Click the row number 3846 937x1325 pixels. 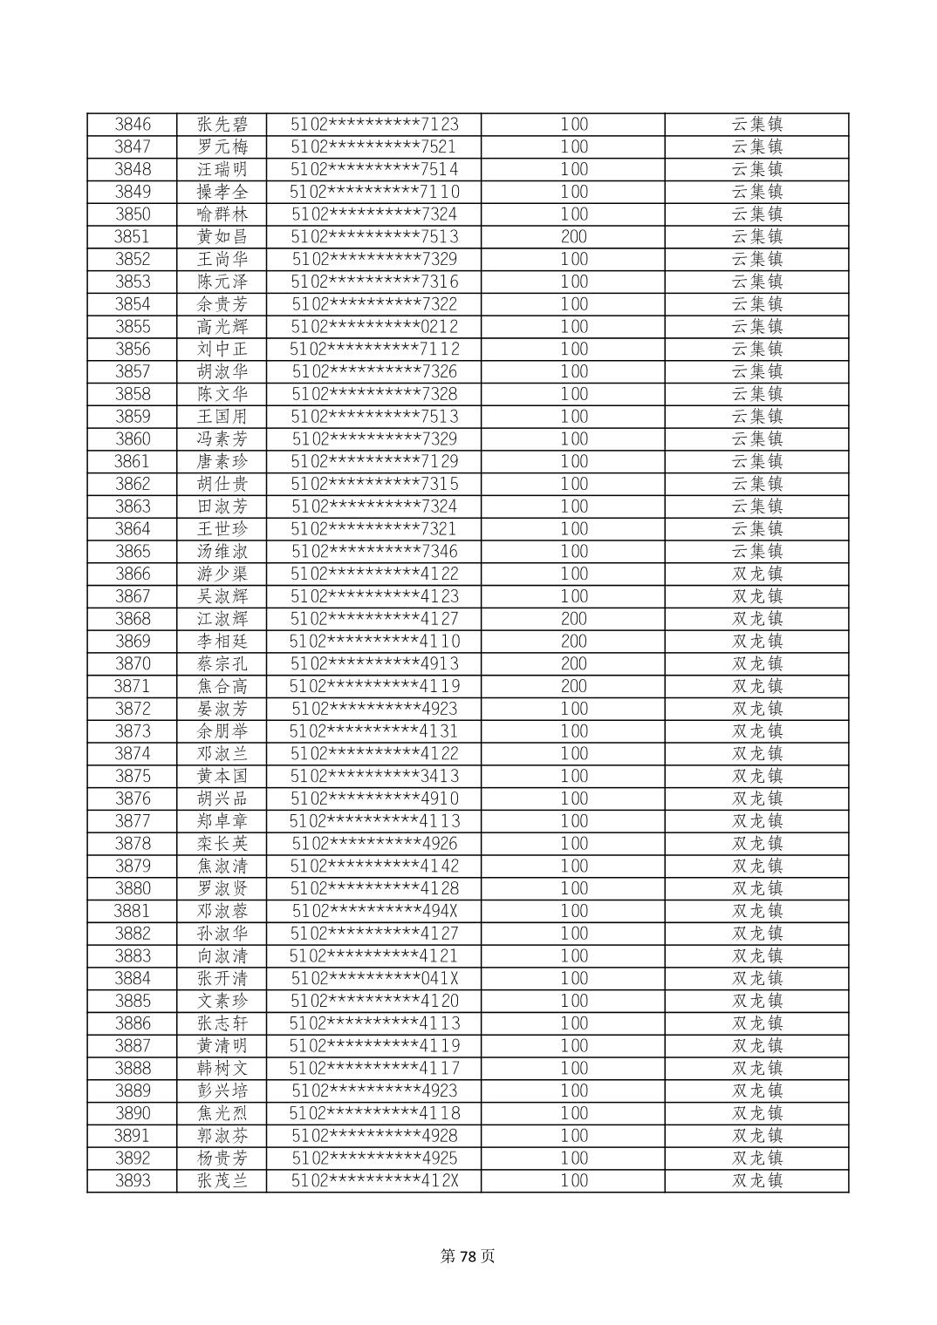(133, 125)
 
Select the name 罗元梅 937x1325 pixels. (222, 147)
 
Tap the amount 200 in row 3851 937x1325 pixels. (573, 237)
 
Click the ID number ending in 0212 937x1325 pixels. (374, 327)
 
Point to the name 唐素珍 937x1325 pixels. (222, 462)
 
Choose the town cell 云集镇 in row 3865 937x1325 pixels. (756, 552)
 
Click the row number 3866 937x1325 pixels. (133, 574)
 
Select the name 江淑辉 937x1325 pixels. (222, 620)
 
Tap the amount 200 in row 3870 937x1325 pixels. (573, 664)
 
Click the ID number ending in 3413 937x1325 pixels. (374, 777)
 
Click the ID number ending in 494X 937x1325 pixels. (374, 912)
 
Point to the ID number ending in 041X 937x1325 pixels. (374, 979)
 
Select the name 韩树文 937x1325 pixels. (222, 1069)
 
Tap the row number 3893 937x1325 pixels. (133, 1181)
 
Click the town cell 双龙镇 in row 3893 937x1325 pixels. (756, 1181)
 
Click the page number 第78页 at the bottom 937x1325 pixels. (468, 1256)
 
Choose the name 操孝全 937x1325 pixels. (222, 192)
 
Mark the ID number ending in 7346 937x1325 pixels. (374, 552)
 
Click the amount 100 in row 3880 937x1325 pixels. (573, 889)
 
